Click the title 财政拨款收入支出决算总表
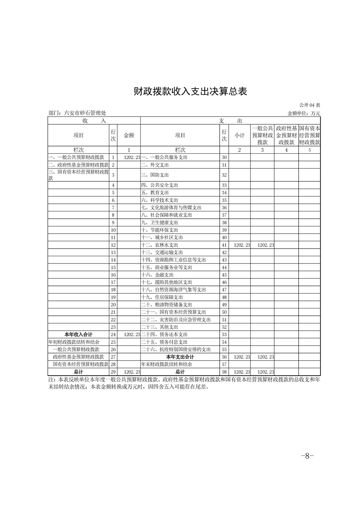coord(190,91)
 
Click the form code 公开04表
coord(310,105)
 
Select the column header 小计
coord(239,135)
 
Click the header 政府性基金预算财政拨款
coord(286,135)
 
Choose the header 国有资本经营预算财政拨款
coord(310,135)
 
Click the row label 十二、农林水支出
coord(160,245)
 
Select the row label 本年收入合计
coord(79,334)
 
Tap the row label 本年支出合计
coord(179,357)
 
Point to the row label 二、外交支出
coord(155,165)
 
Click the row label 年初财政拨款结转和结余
coord(74,341)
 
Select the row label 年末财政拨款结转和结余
coord(166,364)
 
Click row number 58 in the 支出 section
coord(224,372)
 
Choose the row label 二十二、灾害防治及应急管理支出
coord(176,319)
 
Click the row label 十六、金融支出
coord(157,275)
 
